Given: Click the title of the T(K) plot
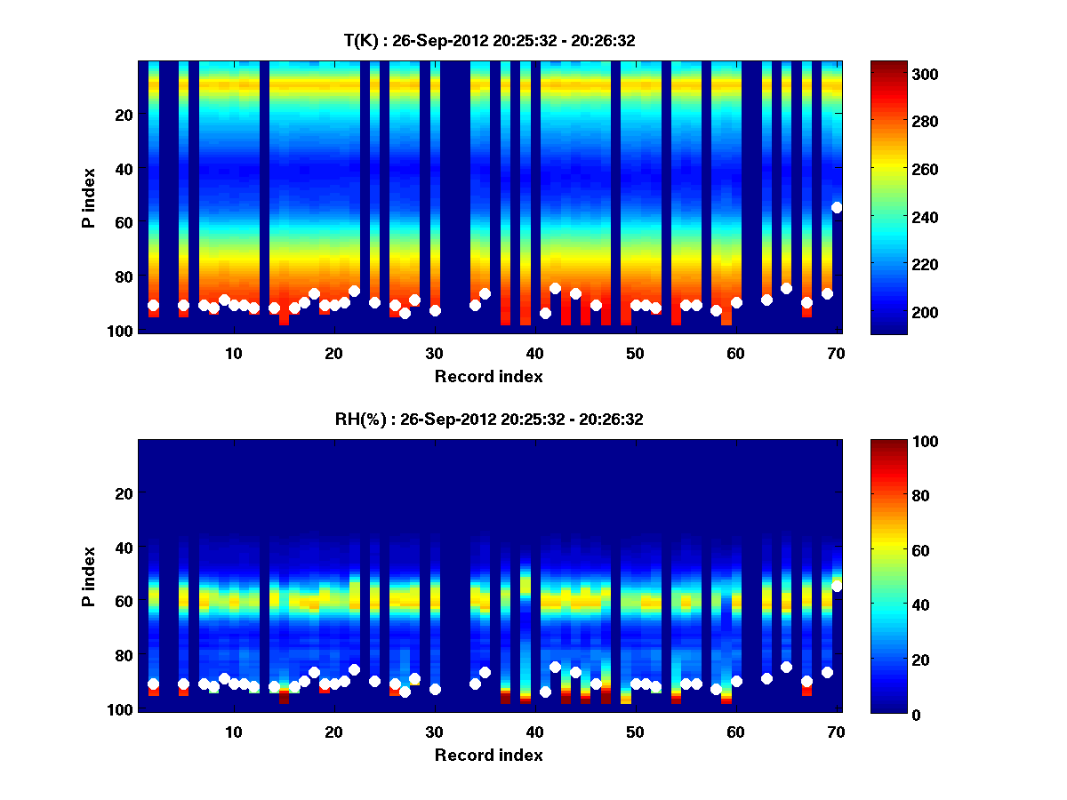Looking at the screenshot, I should pos(489,40).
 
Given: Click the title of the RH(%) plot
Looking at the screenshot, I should pos(489,419).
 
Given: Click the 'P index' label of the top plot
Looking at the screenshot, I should pos(89,197).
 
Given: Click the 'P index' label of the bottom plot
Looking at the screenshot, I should pos(89,576).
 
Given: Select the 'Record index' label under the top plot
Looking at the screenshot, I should pos(489,376).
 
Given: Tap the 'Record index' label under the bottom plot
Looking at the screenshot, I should pos(489,755).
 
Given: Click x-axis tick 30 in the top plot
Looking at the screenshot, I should pos(434,352).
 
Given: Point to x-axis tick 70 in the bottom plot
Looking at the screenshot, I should pos(836,732).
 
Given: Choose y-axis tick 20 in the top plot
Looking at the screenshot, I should pos(123,115).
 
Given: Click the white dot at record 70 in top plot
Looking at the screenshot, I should pos(837,207).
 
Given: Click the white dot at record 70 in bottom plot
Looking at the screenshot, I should pos(837,586).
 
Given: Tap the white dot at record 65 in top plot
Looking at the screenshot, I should pos(786,288).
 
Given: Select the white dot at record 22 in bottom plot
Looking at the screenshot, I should pos(354,669).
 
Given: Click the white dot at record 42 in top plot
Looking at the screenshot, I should pos(555,288).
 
